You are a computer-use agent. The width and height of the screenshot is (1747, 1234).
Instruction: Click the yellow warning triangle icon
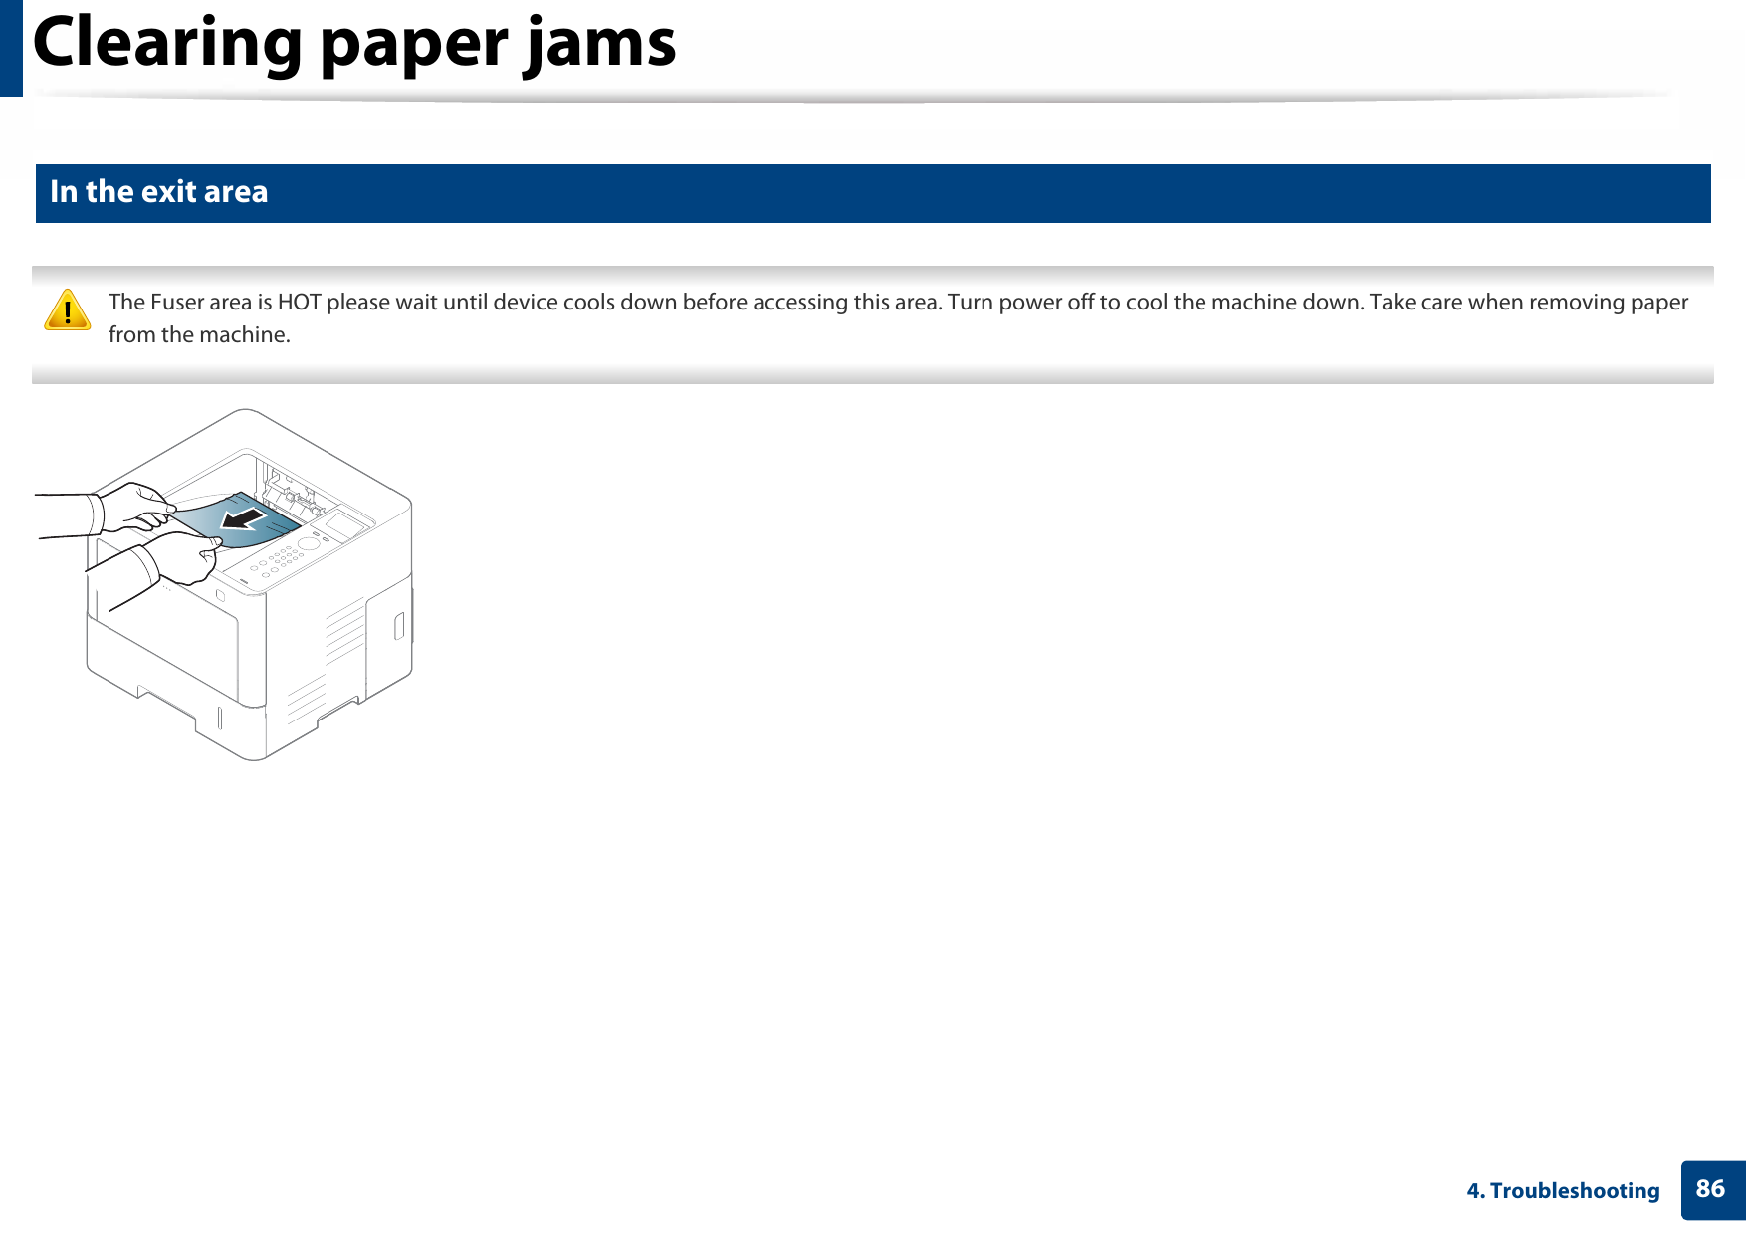68,309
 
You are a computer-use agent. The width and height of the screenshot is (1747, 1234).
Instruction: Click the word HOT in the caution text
299,303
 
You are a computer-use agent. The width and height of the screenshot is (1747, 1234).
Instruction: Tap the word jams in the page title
600,45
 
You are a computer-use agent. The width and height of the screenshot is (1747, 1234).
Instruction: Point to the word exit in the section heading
168,192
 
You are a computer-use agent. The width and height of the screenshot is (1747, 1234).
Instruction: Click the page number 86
1710,1189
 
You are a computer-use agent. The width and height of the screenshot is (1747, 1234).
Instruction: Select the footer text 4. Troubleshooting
1563,1191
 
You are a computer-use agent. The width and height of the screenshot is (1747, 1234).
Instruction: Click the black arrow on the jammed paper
244,518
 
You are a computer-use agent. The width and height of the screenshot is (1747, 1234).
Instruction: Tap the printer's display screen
344,523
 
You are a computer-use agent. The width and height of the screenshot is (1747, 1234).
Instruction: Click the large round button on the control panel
310,544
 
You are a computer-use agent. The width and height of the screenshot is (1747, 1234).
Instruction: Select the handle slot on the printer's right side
399,626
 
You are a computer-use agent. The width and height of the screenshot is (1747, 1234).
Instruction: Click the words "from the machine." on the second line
199,335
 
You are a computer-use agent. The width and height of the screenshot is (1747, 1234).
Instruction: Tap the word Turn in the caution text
970,303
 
